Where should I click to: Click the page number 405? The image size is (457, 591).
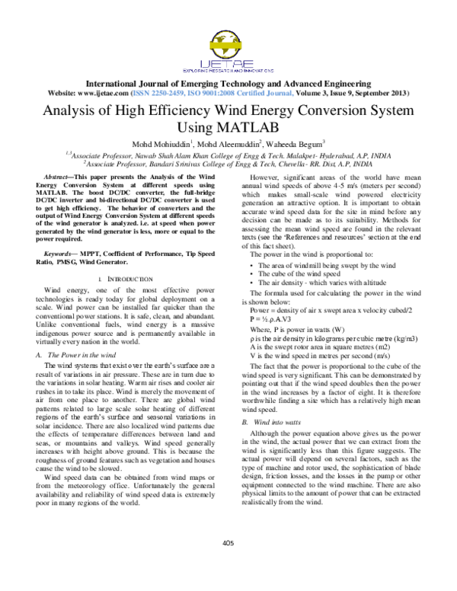click(228, 564)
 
